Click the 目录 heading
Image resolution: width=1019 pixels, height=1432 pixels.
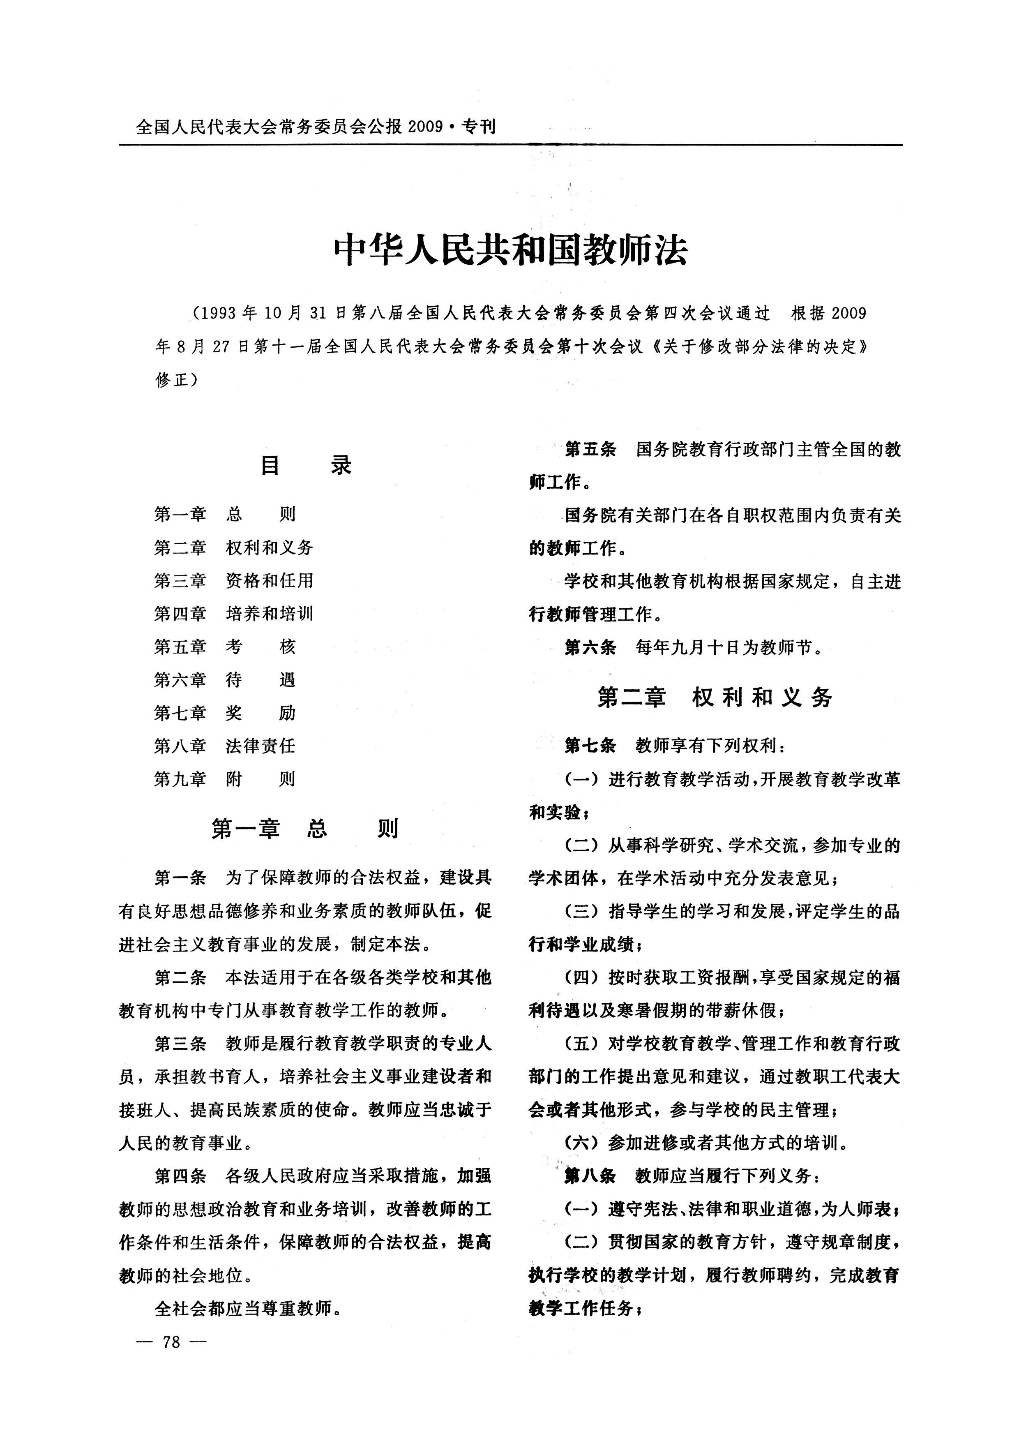pyautogui.click(x=306, y=466)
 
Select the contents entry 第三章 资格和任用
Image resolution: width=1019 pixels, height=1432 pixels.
pyautogui.click(x=233, y=580)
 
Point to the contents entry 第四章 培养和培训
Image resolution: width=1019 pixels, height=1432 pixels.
pyautogui.click(x=233, y=614)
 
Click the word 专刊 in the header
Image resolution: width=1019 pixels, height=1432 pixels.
pyautogui.click(x=478, y=127)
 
